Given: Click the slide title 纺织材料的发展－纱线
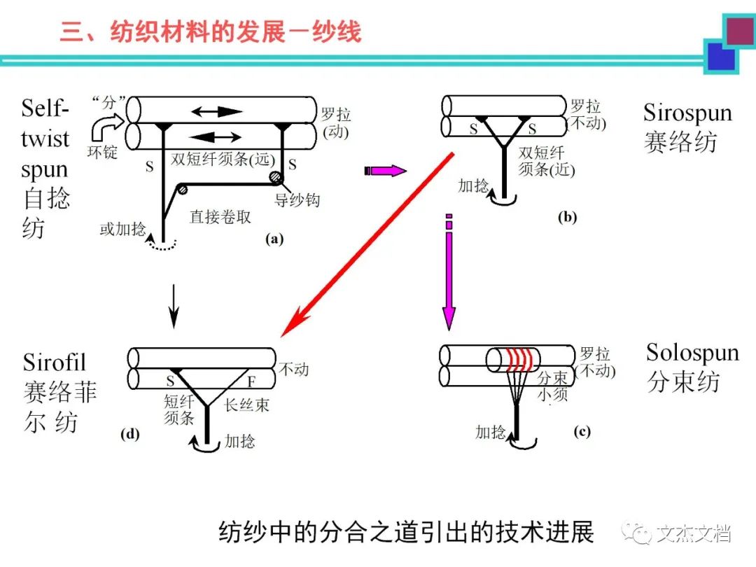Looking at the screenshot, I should tap(210, 32).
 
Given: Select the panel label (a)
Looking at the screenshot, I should tap(274, 239).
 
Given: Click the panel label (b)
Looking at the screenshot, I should tap(567, 216).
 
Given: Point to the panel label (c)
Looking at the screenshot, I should tap(582, 432).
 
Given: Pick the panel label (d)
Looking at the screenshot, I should tap(130, 434).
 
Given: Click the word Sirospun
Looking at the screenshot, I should tap(687, 113).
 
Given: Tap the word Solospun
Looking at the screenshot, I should tap(692, 351).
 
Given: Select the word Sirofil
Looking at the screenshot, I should tap(55, 362).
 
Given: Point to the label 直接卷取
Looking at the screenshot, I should tap(220, 217).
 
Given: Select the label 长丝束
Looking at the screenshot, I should tap(246, 405).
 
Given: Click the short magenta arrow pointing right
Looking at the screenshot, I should tap(386, 170).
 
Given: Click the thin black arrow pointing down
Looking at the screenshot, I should tap(174, 309).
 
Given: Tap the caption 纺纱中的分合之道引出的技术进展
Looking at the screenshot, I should tap(406, 531).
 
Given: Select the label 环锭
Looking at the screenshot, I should tap(102, 151).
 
